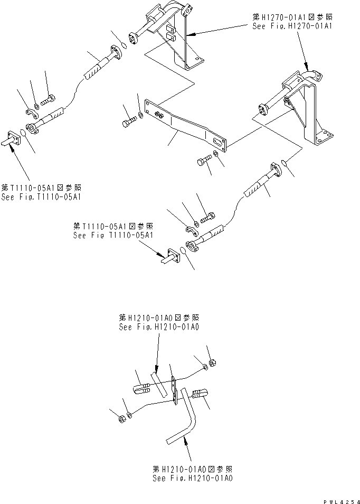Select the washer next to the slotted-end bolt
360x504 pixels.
pyautogui.click(x=216, y=154)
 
